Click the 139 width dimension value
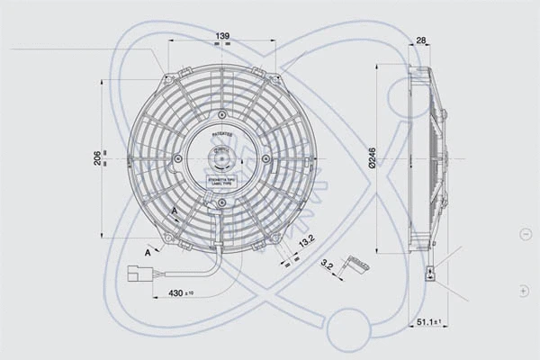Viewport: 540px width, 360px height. tap(221, 36)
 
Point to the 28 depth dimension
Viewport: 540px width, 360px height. tap(421, 40)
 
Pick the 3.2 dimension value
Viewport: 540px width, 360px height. tap(328, 265)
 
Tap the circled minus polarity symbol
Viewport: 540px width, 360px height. tap(525, 234)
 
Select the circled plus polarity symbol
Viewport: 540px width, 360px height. tap(525, 291)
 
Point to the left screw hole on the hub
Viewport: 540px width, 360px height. tap(178, 159)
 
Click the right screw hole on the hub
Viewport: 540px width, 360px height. tap(265, 159)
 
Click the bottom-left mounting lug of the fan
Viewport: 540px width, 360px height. tap(167, 237)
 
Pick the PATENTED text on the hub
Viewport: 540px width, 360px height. tap(221, 132)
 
